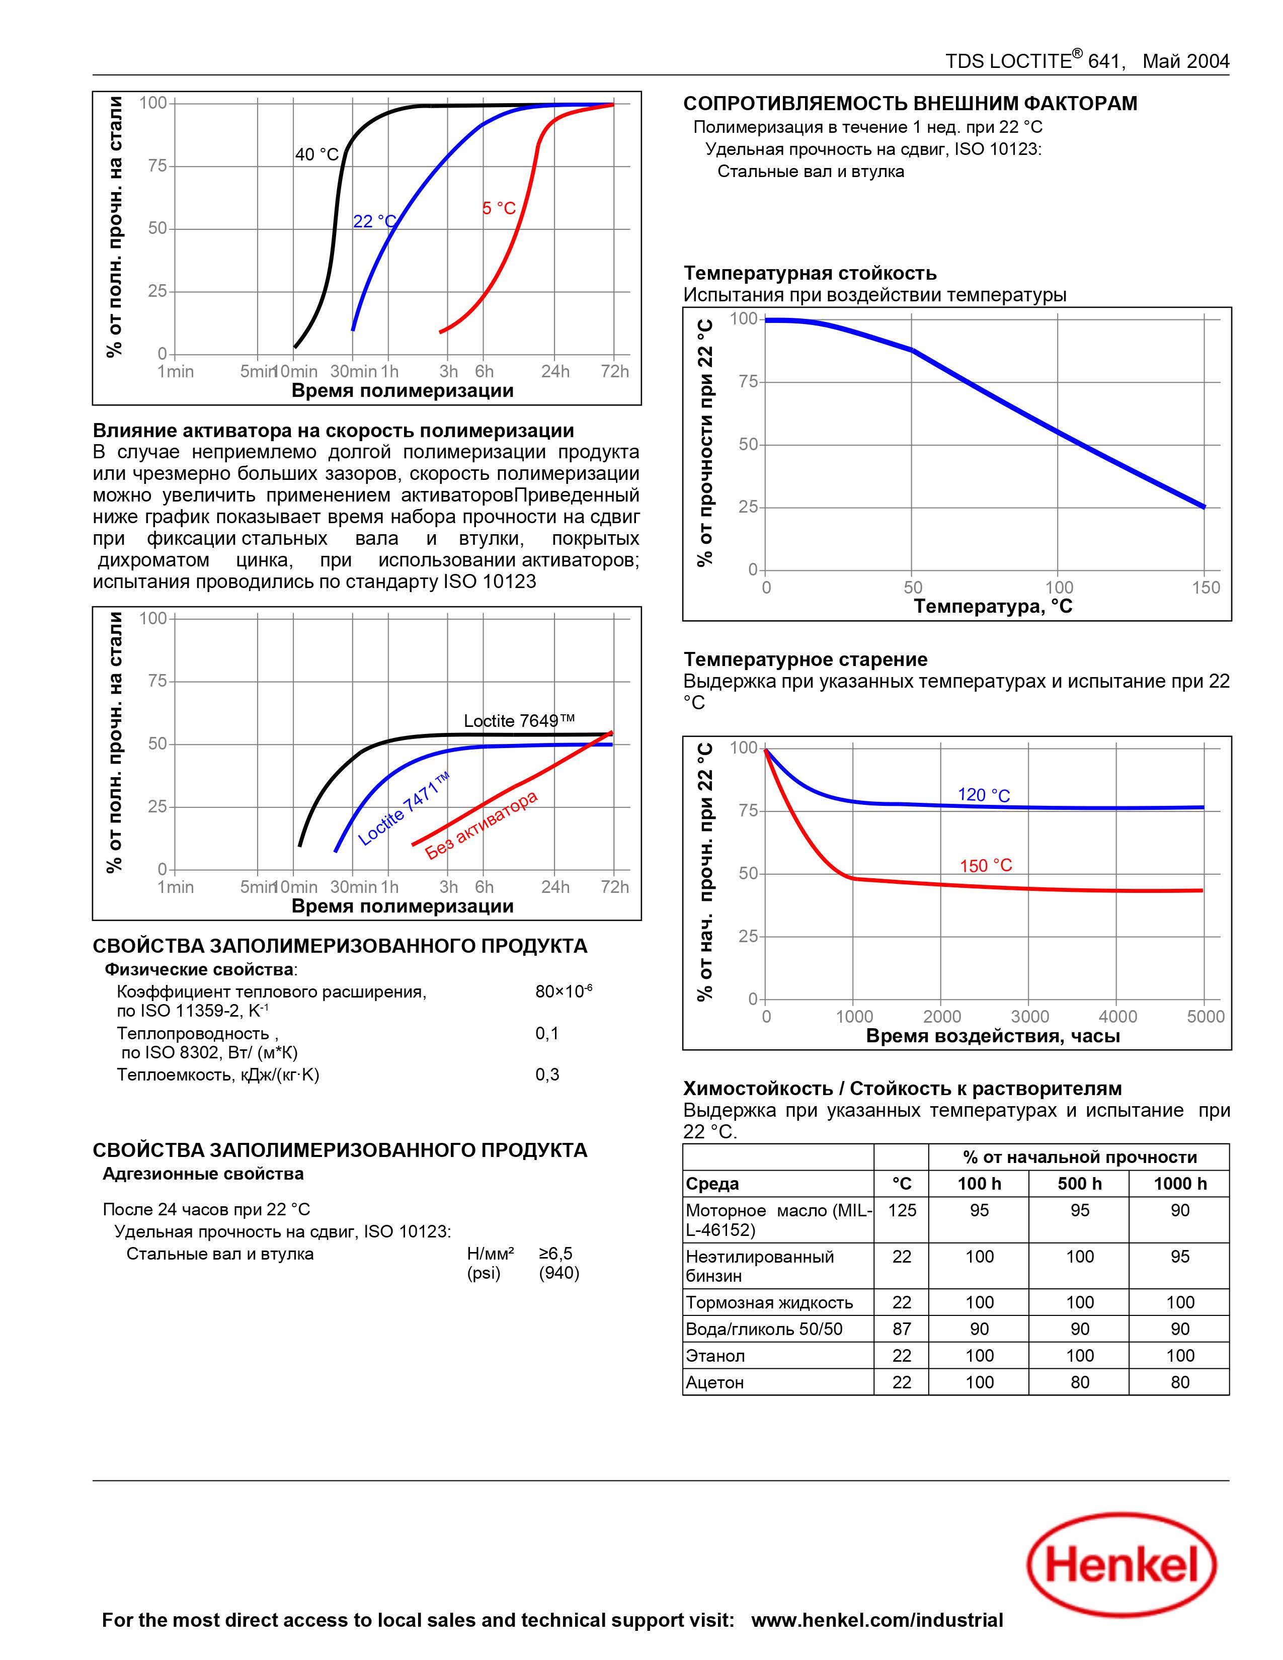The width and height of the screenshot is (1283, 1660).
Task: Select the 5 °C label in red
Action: tap(499, 208)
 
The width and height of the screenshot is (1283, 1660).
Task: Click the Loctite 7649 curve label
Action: tap(519, 720)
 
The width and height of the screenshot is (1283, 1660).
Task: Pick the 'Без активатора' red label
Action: tap(481, 824)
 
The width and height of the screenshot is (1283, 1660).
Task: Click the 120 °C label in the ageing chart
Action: tap(984, 795)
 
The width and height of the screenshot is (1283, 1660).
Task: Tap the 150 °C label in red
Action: tap(986, 866)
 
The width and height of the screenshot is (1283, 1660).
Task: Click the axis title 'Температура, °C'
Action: tap(993, 606)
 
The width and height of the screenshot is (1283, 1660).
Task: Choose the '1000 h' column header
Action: tap(1180, 1184)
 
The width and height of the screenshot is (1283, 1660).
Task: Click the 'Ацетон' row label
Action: tap(714, 1382)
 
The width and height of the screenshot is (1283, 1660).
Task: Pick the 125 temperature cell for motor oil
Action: tap(902, 1210)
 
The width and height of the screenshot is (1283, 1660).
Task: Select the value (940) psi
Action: tap(558, 1273)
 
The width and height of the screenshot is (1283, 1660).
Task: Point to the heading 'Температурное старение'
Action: tap(805, 660)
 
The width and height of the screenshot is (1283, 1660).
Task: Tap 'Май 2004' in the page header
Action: tap(1186, 61)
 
